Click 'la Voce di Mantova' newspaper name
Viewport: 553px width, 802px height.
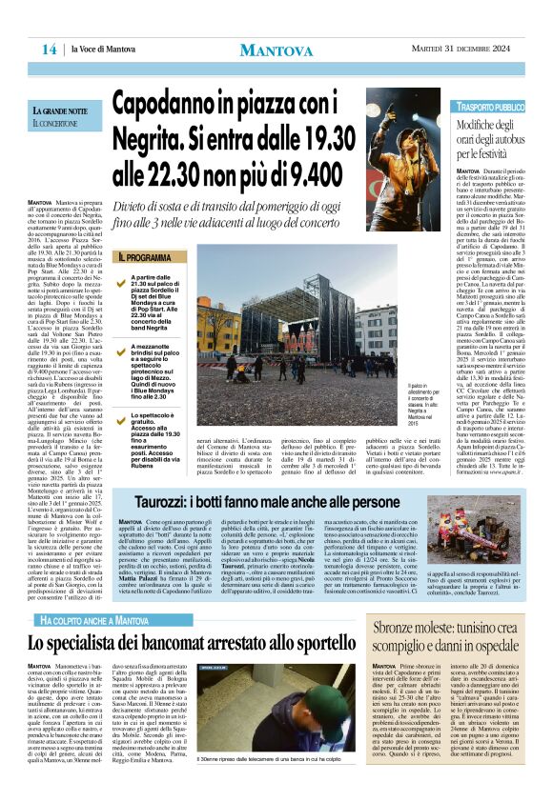pos(105,50)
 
